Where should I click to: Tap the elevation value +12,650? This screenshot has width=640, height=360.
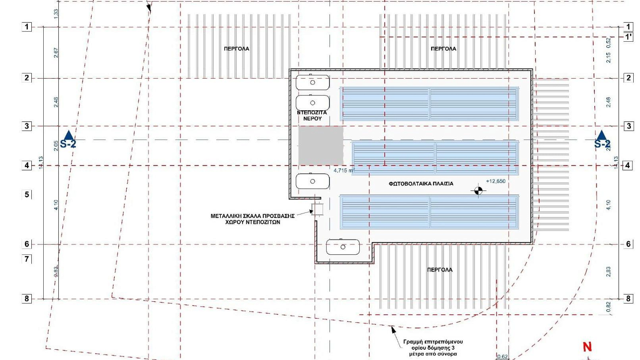click(495, 181)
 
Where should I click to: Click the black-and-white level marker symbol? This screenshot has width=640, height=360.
click(478, 191)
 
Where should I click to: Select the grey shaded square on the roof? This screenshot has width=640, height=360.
click(321, 146)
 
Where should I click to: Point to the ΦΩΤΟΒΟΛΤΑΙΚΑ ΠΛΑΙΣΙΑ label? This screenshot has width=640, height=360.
click(421, 184)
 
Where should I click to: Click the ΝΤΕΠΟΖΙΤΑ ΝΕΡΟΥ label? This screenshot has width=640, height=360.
click(312, 115)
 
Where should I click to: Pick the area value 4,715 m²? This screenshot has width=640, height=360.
click(344, 171)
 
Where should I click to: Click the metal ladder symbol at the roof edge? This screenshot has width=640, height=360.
click(317, 209)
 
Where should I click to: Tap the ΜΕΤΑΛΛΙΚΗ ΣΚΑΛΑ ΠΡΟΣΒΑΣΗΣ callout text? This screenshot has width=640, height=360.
click(252, 219)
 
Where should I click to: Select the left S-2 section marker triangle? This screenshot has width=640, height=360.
click(69, 135)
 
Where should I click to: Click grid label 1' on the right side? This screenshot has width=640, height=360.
click(628, 37)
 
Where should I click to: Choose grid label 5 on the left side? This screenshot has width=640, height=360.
click(27, 194)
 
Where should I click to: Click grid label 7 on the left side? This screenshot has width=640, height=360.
click(27, 259)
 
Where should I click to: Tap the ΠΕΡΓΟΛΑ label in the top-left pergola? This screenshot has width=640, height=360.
click(236, 49)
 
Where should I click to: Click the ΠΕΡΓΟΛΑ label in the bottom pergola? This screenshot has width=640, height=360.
click(440, 270)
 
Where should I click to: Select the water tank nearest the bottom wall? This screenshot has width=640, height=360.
click(343, 247)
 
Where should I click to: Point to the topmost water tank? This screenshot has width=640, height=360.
click(312, 82)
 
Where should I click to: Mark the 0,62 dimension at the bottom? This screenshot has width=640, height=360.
click(502, 357)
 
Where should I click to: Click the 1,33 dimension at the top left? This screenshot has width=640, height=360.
click(56, 13)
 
